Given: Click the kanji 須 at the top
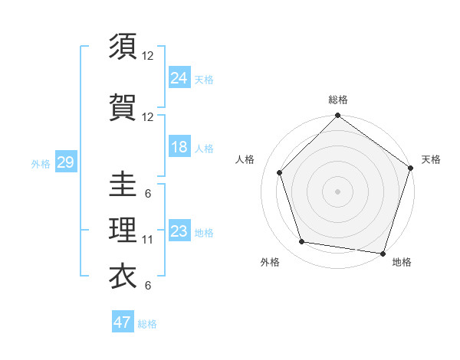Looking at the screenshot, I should pyautogui.click(x=123, y=47).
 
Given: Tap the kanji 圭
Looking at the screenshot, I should pyautogui.click(x=123, y=184).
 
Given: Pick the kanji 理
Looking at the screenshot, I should pyautogui.click(x=123, y=230).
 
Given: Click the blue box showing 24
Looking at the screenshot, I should pyautogui.click(x=179, y=78).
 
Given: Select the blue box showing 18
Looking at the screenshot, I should pyautogui.click(x=179, y=147).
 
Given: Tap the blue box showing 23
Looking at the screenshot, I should pyautogui.click(x=179, y=231).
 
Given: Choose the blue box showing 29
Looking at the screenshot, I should pyautogui.click(x=65, y=162).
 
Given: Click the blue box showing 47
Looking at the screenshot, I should pyautogui.click(x=123, y=322).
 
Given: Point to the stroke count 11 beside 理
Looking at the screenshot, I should pyautogui.click(x=148, y=240).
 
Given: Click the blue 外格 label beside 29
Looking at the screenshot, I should pyautogui.click(x=41, y=163).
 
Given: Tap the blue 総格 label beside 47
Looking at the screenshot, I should pyautogui.click(x=148, y=324).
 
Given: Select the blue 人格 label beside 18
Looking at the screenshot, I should pyautogui.click(x=204, y=148).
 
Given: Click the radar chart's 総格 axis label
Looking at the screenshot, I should pyautogui.click(x=338, y=100).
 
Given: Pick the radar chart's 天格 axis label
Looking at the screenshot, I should pyautogui.click(x=431, y=159).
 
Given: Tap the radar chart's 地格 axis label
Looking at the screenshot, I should pyautogui.click(x=402, y=262).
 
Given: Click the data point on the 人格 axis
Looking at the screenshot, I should pyautogui.click(x=279, y=172).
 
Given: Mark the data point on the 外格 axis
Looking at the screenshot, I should pyautogui.click(x=302, y=242).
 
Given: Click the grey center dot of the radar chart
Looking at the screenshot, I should pyautogui.click(x=337, y=191).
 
